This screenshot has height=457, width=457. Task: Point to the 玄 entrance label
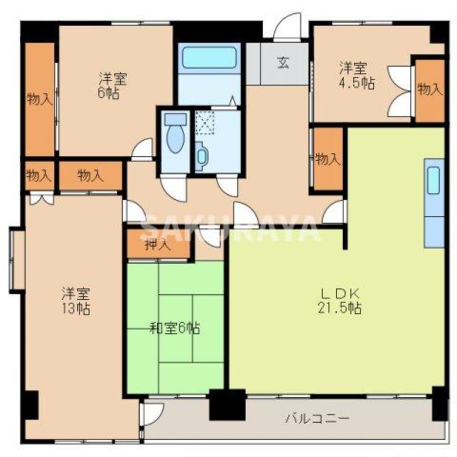pyautogui.click(x=283, y=63)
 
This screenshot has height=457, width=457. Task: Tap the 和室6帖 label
pyautogui.click(x=175, y=328)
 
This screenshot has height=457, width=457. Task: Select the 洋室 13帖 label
pyautogui.click(x=76, y=301)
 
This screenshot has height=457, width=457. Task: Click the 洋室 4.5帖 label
pyautogui.click(x=357, y=76)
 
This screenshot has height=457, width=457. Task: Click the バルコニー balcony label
pyautogui.click(x=318, y=418)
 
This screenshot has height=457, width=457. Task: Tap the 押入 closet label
pyautogui.click(x=158, y=245)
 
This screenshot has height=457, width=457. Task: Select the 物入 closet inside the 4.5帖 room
pyautogui.click(x=430, y=90)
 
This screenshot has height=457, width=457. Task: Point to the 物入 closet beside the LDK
pyautogui.click(x=327, y=159)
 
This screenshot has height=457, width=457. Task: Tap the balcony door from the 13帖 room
pyautogui.click(x=151, y=414)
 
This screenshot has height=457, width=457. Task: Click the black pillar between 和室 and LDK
pyautogui.click(x=227, y=404)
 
